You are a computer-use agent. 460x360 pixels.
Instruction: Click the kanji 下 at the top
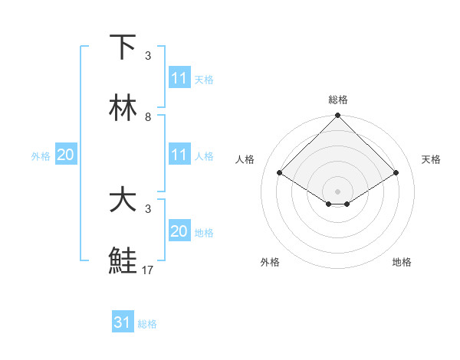coord(123,47)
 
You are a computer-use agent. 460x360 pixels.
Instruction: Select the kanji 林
coord(123,108)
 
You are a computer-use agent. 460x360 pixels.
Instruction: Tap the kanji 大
coord(123,200)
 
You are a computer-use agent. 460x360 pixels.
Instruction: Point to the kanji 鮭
coord(123,261)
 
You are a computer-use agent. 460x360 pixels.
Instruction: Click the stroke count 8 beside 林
coord(148,117)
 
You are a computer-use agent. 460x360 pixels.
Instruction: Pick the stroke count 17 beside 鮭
coord(148,270)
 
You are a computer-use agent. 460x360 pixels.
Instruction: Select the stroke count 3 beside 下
coord(148,56)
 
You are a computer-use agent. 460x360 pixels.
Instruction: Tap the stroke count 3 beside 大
coord(148,209)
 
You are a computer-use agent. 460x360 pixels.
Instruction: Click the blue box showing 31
coord(123,323)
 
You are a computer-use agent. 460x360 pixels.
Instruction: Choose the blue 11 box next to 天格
coord(179,78)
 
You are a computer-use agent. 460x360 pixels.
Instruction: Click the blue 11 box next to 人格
coord(179,155)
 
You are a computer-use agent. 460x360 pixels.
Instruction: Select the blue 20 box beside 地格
coord(179,231)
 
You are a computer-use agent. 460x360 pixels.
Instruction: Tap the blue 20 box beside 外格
coord(65,155)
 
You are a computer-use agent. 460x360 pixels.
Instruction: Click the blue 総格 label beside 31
coord(147,324)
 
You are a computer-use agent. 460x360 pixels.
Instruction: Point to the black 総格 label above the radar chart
coord(338,100)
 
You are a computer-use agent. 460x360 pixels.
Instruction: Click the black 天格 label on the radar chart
coord(432,159)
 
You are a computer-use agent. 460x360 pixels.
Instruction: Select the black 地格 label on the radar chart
coord(402,262)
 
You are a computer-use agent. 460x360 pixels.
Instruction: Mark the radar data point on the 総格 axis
coord(338,117)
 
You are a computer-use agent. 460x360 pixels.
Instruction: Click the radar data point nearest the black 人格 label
coord(280,172)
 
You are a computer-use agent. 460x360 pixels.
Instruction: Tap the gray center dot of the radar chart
coord(338,191)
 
